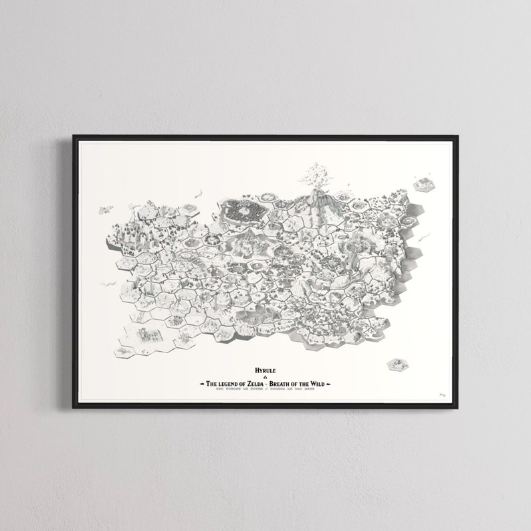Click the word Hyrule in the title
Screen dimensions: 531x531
coord(265,369)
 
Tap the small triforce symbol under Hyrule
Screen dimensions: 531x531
coord(265,377)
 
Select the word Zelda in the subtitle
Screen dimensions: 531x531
coord(267,384)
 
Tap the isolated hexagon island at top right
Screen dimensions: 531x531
coord(423,184)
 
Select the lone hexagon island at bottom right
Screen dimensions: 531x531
coord(395,364)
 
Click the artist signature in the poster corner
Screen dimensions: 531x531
coord(442,395)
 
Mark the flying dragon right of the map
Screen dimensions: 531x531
coord(423,237)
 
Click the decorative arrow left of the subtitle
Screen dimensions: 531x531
coord(201,384)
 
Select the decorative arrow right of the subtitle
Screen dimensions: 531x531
coord(330,384)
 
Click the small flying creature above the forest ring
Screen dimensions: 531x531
coord(198,194)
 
